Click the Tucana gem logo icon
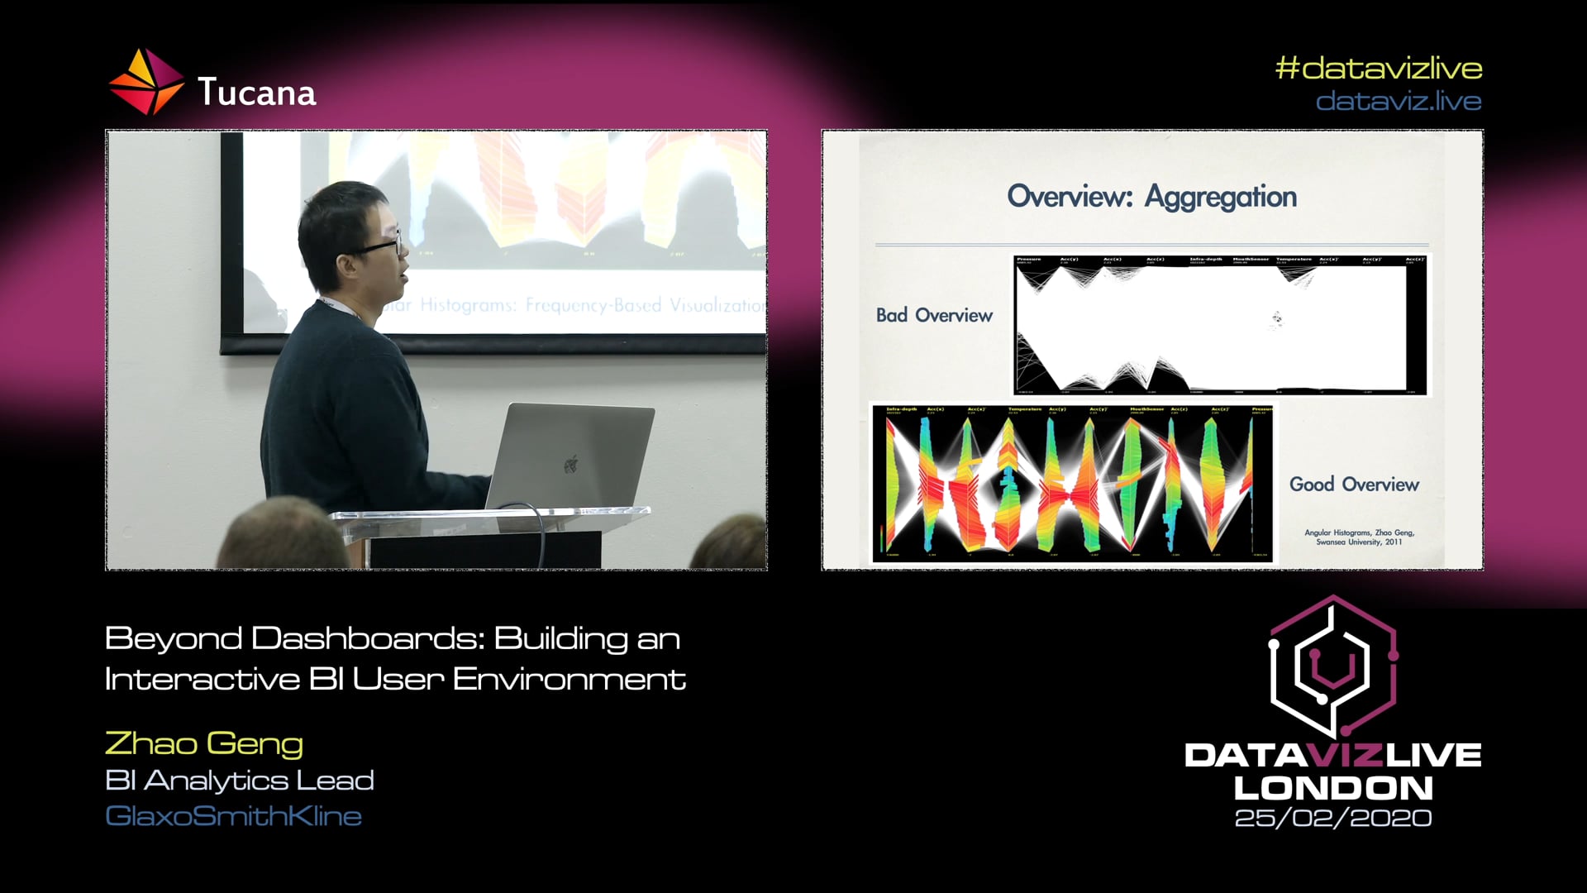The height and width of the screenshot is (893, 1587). coord(146,82)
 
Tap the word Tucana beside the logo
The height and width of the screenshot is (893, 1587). coord(256,93)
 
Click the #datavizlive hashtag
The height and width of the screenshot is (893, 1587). coord(1378,68)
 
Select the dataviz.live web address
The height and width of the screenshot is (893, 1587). coord(1398,101)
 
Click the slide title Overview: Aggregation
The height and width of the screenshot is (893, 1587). coord(1151,197)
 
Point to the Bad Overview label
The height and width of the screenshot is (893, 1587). coord(934,315)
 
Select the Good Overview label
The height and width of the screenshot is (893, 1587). coord(1354,484)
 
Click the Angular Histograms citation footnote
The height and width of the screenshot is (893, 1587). coord(1359,537)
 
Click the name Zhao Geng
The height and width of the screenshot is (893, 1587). coord(204,743)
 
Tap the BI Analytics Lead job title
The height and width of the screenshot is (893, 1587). coord(240,780)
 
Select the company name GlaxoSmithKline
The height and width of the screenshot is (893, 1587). coord(233,816)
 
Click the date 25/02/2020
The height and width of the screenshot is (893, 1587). coord(1332,818)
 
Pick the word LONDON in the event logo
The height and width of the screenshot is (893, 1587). coord(1332,787)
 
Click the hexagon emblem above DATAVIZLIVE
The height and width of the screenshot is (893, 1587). coord(1332,666)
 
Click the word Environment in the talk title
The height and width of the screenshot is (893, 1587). coord(569,679)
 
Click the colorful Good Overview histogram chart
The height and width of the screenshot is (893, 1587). coord(1072,484)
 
